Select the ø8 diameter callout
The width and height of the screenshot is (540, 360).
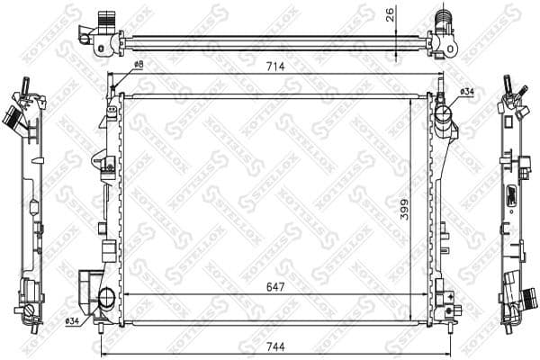(139, 65)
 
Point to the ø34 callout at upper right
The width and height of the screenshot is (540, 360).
(467, 91)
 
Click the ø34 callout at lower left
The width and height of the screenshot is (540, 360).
(73, 321)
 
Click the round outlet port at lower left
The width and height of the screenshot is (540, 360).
(106, 298)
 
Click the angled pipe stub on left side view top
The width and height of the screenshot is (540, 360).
(13, 117)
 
